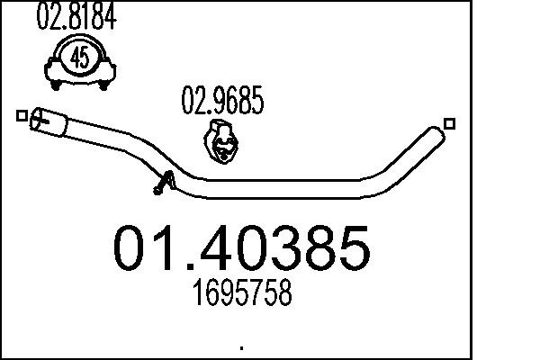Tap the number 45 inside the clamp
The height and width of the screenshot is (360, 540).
point(78,58)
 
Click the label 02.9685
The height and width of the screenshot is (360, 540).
point(223,103)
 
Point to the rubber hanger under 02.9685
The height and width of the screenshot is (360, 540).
point(220,140)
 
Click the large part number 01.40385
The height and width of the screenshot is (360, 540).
point(240,247)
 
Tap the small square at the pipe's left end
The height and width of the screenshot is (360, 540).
point(21,115)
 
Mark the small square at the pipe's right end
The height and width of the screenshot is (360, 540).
point(450,124)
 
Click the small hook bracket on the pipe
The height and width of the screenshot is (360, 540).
point(161,183)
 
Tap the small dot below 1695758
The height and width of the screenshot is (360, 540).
point(241,346)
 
